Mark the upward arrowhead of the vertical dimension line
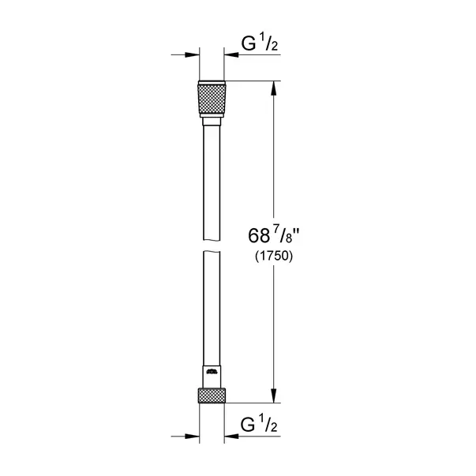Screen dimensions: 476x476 273,88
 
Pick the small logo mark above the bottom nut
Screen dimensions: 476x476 211,371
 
